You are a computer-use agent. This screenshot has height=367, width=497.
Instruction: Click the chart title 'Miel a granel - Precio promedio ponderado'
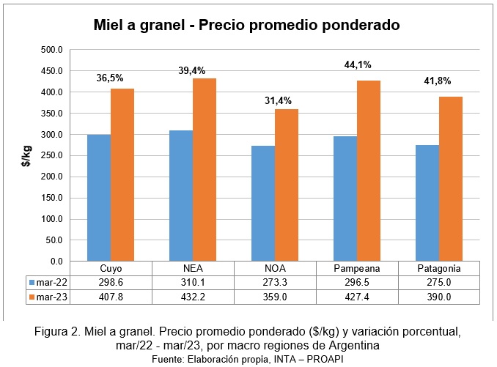[x=246, y=25]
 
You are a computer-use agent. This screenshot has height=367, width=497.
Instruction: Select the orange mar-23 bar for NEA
[x=205, y=169]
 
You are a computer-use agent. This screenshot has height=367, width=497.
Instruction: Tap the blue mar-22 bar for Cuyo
[x=99, y=197]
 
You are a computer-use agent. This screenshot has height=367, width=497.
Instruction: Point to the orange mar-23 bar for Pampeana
[x=368, y=170]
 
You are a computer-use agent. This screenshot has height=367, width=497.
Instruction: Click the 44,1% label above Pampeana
[x=358, y=64]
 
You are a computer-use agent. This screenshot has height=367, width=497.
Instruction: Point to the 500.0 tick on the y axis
[x=54, y=51]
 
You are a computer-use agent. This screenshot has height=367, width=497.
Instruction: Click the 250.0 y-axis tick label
[x=54, y=156]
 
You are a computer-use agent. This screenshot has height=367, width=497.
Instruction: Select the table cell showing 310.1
[x=193, y=282]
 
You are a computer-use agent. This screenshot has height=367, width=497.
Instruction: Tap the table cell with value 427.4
[x=357, y=297]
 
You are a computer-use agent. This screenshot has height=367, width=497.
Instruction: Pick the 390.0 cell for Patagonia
[x=438, y=297]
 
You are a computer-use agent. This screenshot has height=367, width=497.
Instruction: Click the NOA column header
[x=274, y=268]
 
